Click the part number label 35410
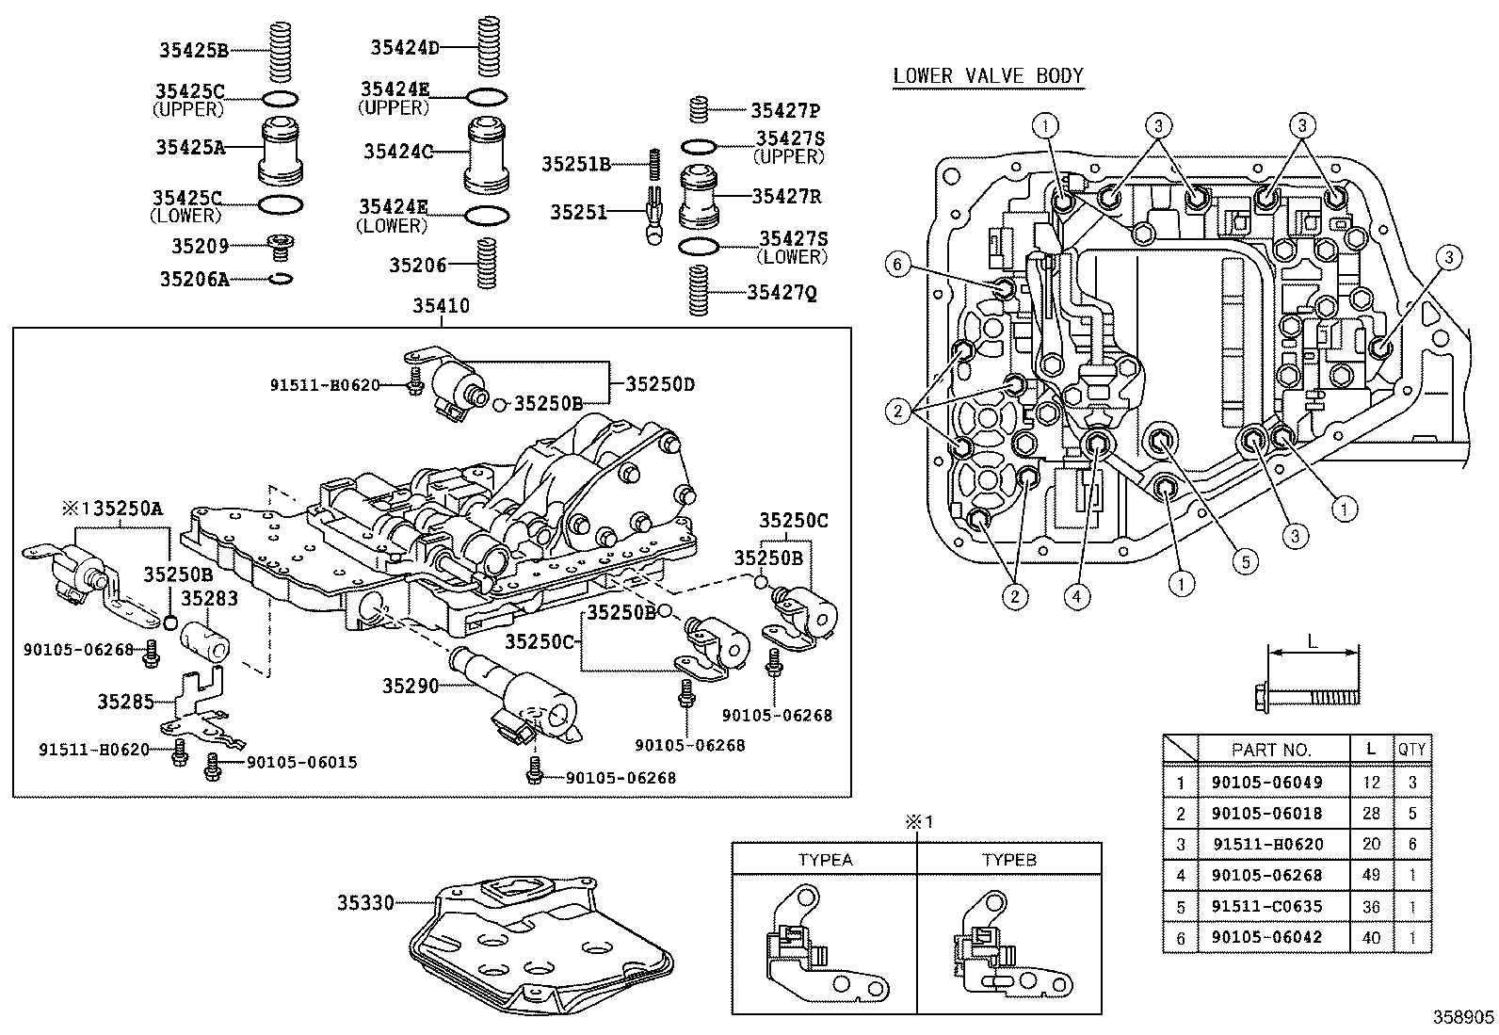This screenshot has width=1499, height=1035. pyautogui.click(x=442, y=307)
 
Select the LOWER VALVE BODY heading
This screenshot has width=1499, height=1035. pyautogui.click(x=988, y=76)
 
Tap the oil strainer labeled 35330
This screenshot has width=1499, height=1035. pyautogui.click(x=541, y=942)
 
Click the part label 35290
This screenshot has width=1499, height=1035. pyautogui.click(x=411, y=686)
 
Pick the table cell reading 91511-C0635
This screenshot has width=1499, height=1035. pyautogui.click(x=1266, y=906)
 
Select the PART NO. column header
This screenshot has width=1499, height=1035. pyautogui.click(x=1270, y=750)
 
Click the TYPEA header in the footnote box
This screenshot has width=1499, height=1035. pyautogui.click(x=825, y=860)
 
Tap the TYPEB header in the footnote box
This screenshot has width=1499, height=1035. pyautogui.click(x=1008, y=860)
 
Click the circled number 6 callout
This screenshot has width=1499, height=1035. pyautogui.click(x=897, y=266)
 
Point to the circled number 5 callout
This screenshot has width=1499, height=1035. pyautogui.click(x=1244, y=562)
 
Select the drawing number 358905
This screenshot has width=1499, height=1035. pyautogui.click(x=1463, y=1018)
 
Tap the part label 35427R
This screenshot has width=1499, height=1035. pyautogui.click(x=786, y=196)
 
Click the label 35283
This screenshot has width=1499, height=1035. pyautogui.click(x=209, y=598)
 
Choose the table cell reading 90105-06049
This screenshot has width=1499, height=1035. pyautogui.click(x=1266, y=782)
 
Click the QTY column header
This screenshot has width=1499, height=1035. pyautogui.click(x=1411, y=750)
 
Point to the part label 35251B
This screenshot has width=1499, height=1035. pyautogui.click(x=575, y=164)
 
